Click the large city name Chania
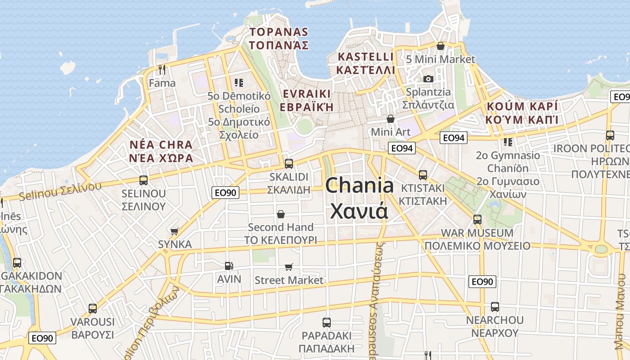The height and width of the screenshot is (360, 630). [x=359, y=185]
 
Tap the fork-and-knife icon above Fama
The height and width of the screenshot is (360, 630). [x=162, y=70]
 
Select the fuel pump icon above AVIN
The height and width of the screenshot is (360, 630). [x=229, y=266]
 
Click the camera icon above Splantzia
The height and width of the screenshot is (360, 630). [x=428, y=79]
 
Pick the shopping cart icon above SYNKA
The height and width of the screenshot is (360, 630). [x=175, y=231]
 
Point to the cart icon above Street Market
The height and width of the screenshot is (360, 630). [x=289, y=267]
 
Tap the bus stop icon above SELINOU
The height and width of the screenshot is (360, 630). [x=144, y=180]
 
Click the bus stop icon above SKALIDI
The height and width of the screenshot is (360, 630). [x=289, y=163]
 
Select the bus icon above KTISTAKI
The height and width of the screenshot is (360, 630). [x=423, y=175]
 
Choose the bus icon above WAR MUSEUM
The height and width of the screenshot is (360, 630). [x=477, y=220]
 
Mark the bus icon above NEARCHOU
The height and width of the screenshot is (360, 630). [x=495, y=307]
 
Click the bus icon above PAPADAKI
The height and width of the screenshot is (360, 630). [x=327, y=322]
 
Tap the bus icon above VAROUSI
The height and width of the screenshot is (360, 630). [x=93, y=309]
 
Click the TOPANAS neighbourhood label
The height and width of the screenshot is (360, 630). [x=279, y=32]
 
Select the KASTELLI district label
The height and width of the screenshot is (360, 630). [x=365, y=57]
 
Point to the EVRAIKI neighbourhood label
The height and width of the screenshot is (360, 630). [x=306, y=94]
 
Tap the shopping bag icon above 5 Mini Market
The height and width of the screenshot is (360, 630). [x=441, y=46]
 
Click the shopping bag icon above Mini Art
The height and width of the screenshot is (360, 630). [x=391, y=119]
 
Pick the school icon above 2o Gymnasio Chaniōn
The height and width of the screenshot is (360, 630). [x=508, y=142]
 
